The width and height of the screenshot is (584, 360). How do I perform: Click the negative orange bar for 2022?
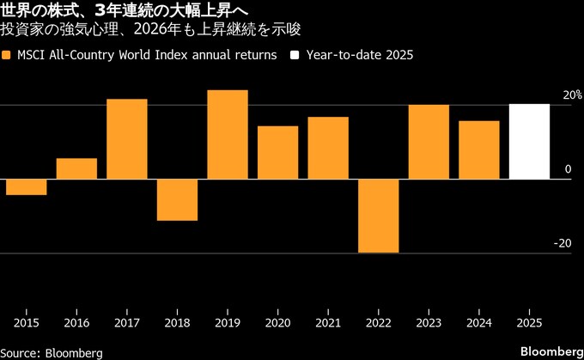(379, 216)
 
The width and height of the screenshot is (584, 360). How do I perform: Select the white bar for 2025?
(529, 142)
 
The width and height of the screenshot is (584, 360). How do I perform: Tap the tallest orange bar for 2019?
(228, 135)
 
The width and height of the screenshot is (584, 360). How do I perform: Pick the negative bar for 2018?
(177, 199)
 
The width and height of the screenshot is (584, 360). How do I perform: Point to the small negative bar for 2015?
(27, 186)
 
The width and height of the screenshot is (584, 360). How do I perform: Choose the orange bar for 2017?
(127, 139)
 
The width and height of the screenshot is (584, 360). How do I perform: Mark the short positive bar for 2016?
(76, 168)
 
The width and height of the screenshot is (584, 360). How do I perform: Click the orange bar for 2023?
(429, 142)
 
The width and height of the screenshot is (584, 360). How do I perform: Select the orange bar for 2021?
(328, 148)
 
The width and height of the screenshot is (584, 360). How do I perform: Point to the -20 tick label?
(563, 243)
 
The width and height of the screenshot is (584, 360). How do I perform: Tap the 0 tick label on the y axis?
(568, 169)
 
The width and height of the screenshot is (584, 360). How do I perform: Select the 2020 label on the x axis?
(277, 322)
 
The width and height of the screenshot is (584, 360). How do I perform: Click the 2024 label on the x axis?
(478, 322)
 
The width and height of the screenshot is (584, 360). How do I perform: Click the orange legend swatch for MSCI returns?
(8, 55)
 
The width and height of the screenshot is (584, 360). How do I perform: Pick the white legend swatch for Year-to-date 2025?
(295, 55)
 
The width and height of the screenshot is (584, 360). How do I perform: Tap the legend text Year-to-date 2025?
(358, 55)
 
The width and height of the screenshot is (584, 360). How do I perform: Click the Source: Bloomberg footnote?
(52, 352)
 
